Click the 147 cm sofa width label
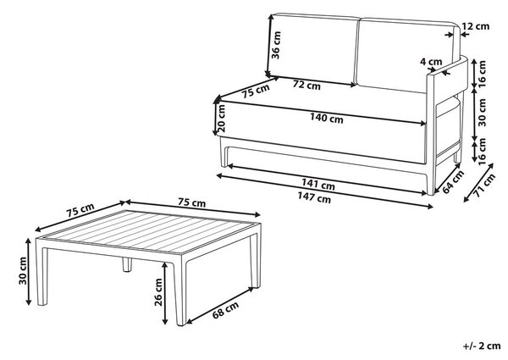(314, 197)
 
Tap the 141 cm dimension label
(317, 184)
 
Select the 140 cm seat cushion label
(327, 118)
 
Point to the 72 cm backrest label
(306, 85)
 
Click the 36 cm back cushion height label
(276, 45)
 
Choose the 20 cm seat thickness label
(222, 118)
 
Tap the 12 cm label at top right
(476, 26)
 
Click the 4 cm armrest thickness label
(431, 62)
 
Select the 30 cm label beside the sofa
(483, 112)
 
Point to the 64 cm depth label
(453, 181)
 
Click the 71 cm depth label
(484, 186)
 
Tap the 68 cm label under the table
(225, 309)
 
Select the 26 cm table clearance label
(158, 292)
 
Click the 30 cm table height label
(23, 271)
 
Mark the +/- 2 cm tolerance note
(482, 346)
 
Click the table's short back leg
(127, 264)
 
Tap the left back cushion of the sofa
(313, 48)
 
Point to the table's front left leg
(41, 272)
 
